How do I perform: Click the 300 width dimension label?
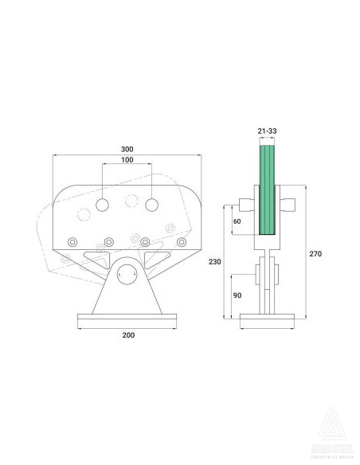[x=127, y=148]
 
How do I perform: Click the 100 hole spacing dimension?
[x=127, y=161]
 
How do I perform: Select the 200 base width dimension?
[x=129, y=335]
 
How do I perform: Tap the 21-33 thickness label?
[x=268, y=131]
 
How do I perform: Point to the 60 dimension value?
[x=237, y=222]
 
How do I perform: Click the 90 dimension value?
[x=237, y=295]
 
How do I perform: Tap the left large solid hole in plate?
[x=103, y=205]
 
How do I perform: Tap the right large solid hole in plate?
[x=152, y=205]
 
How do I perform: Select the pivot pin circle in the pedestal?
[x=127, y=275]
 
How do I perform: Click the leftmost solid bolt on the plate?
[x=72, y=242]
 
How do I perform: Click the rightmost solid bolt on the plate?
[x=182, y=242]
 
